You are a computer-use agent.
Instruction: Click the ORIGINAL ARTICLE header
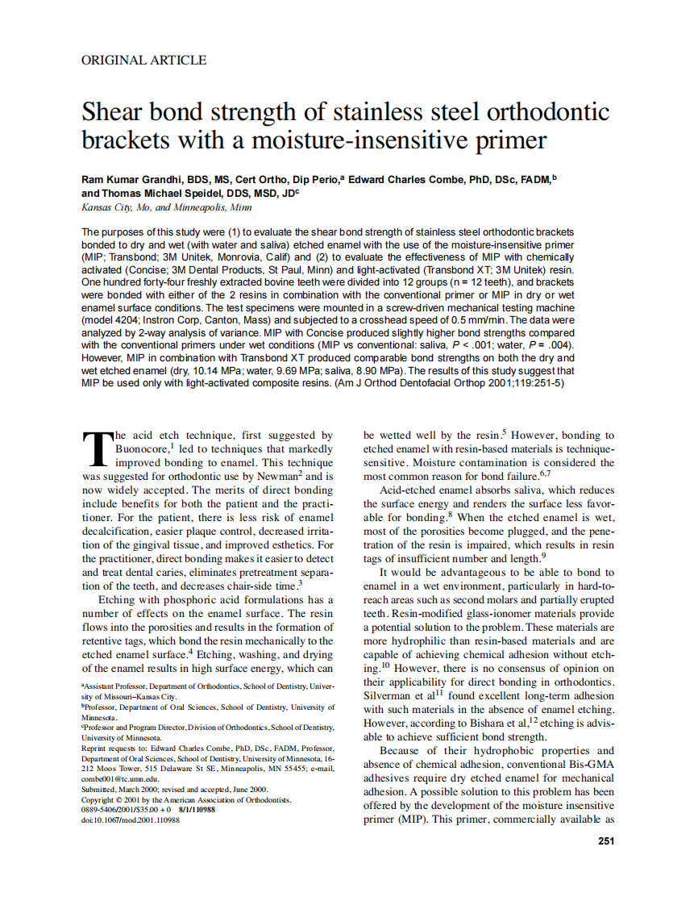(x=144, y=60)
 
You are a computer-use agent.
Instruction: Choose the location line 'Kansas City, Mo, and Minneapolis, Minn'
(x=167, y=207)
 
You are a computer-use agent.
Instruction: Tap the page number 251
(x=606, y=841)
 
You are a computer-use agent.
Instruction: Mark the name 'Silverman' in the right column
(x=389, y=695)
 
